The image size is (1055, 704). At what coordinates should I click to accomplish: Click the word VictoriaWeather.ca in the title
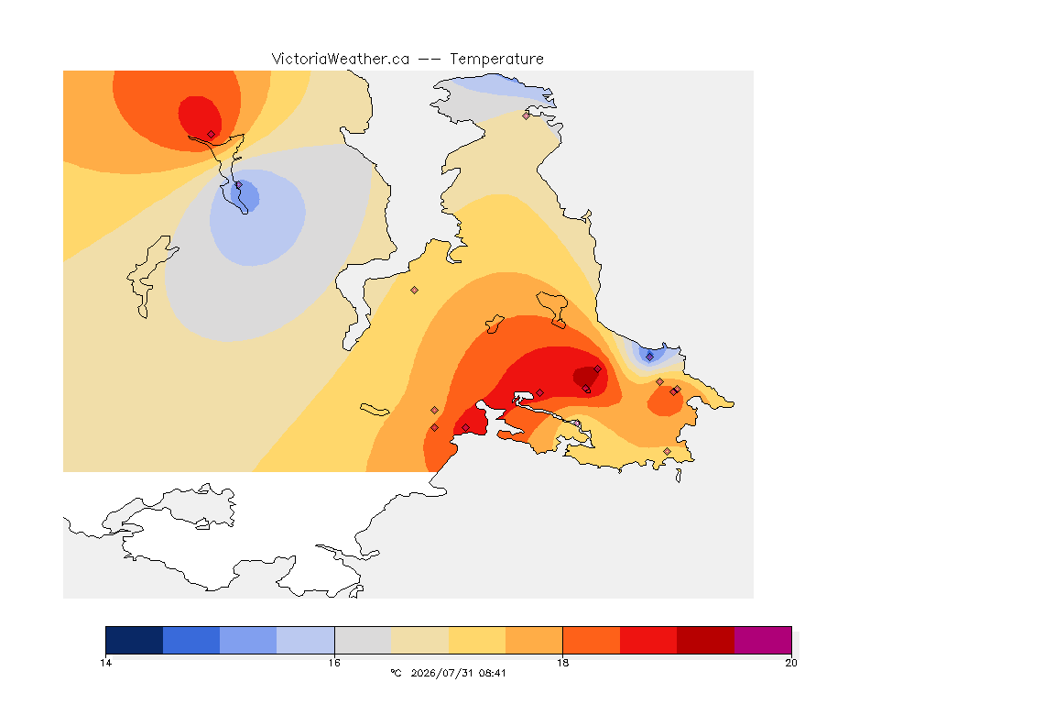pos(341,60)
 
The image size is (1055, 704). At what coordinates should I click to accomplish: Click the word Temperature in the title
pos(496,60)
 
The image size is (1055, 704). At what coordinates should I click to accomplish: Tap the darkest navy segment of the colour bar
pos(135,640)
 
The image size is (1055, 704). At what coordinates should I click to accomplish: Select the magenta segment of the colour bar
pos(762,640)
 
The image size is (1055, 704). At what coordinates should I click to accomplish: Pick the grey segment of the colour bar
pos(363,640)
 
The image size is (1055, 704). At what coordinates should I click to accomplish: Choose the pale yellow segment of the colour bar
pos(477,640)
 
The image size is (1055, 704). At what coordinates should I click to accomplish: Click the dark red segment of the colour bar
pos(705,640)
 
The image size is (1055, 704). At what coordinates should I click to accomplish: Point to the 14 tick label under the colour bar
pos(105,663)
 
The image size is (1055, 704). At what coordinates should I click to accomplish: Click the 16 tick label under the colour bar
pos(334,663)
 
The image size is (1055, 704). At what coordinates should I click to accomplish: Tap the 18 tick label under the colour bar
pos(562,663)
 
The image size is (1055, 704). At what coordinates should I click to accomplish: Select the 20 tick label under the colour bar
pos(791,663)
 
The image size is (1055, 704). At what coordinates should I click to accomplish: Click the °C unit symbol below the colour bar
pos(396,673)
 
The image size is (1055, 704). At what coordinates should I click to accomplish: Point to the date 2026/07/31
pos(441,673)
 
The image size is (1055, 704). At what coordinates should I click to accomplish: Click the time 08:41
pos(493,673)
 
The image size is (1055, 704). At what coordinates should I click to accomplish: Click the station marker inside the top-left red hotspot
pos(212,135)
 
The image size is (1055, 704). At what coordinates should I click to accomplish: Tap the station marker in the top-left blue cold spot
pos(238,184)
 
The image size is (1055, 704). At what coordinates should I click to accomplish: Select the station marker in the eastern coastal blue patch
pos(649,357)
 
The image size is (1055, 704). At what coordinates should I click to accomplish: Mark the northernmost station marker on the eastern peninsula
pos(527,115)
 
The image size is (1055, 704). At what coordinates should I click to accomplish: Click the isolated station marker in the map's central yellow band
pos(415,291)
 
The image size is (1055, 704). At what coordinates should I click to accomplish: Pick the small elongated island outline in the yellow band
pos(375,410)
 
